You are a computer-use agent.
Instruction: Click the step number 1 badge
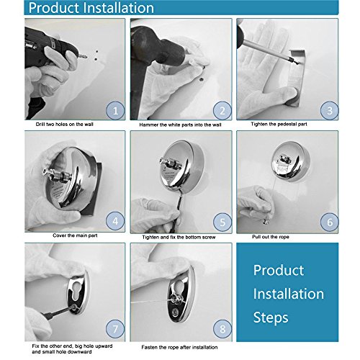(x=115, y=111)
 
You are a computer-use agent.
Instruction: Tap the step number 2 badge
(x=222, y=111)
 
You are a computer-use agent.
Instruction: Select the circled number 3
(x=330, y=111)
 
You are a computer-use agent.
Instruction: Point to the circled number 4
(x=115, y=221)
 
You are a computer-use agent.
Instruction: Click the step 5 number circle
(x=222, y=222)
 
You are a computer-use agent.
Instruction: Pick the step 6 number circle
(x=330, y=222)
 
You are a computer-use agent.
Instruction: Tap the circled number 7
(x=115, y=329)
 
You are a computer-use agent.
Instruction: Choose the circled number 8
(x=222, y=329)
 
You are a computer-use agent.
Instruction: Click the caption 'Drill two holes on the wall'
(x=64, y=125)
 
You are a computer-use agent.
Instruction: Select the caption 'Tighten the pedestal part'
(x=279, y=124)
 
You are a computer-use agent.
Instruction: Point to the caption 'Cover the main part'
(x=75, y=235)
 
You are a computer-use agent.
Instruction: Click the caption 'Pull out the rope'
(x=271, y=237)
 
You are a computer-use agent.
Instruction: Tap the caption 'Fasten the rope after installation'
(x=179, y=347)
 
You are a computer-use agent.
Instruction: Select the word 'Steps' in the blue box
(x=271, y=318)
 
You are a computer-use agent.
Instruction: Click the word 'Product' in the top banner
(x=53, y=8)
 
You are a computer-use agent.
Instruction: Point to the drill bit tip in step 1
(x=86, y=58)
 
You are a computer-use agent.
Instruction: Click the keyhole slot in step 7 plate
(x=76, y=290)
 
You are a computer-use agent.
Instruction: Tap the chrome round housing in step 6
(x=291, y=161)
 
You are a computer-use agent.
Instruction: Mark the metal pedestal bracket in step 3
(x=296, y=78)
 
